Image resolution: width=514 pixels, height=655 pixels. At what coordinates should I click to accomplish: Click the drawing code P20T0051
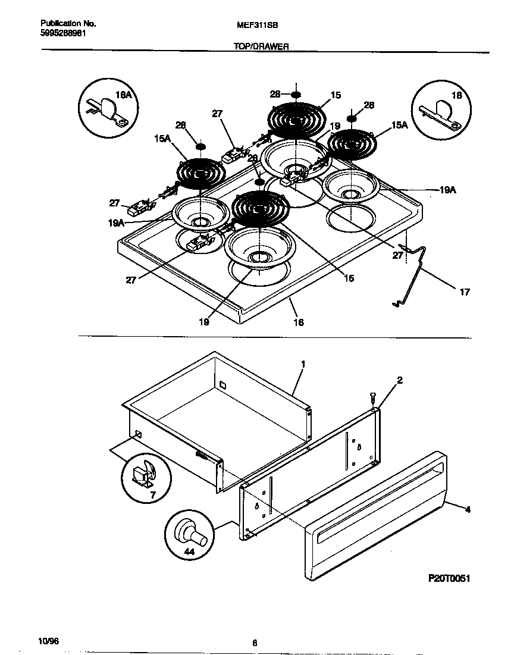click(449, 578)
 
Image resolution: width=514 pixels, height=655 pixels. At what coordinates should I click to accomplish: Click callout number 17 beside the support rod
click(465, 292)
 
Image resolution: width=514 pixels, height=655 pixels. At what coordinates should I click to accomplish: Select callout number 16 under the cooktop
click(298, 322)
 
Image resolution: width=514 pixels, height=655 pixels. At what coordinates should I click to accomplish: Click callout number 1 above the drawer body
click(303, 363)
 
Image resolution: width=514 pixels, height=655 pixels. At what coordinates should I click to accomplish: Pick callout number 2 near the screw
click(400, 380)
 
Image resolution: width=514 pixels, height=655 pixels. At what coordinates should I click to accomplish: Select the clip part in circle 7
click(145, 474)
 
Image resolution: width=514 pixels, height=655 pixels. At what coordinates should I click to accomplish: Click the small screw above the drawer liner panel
click(372, 395)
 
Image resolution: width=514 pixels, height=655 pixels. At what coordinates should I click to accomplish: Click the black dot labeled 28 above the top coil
click(296, 95)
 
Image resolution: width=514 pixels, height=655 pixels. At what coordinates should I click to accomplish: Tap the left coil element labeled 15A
click(200, 173)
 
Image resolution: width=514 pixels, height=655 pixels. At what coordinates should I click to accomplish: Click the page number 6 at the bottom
click(254, 643)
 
